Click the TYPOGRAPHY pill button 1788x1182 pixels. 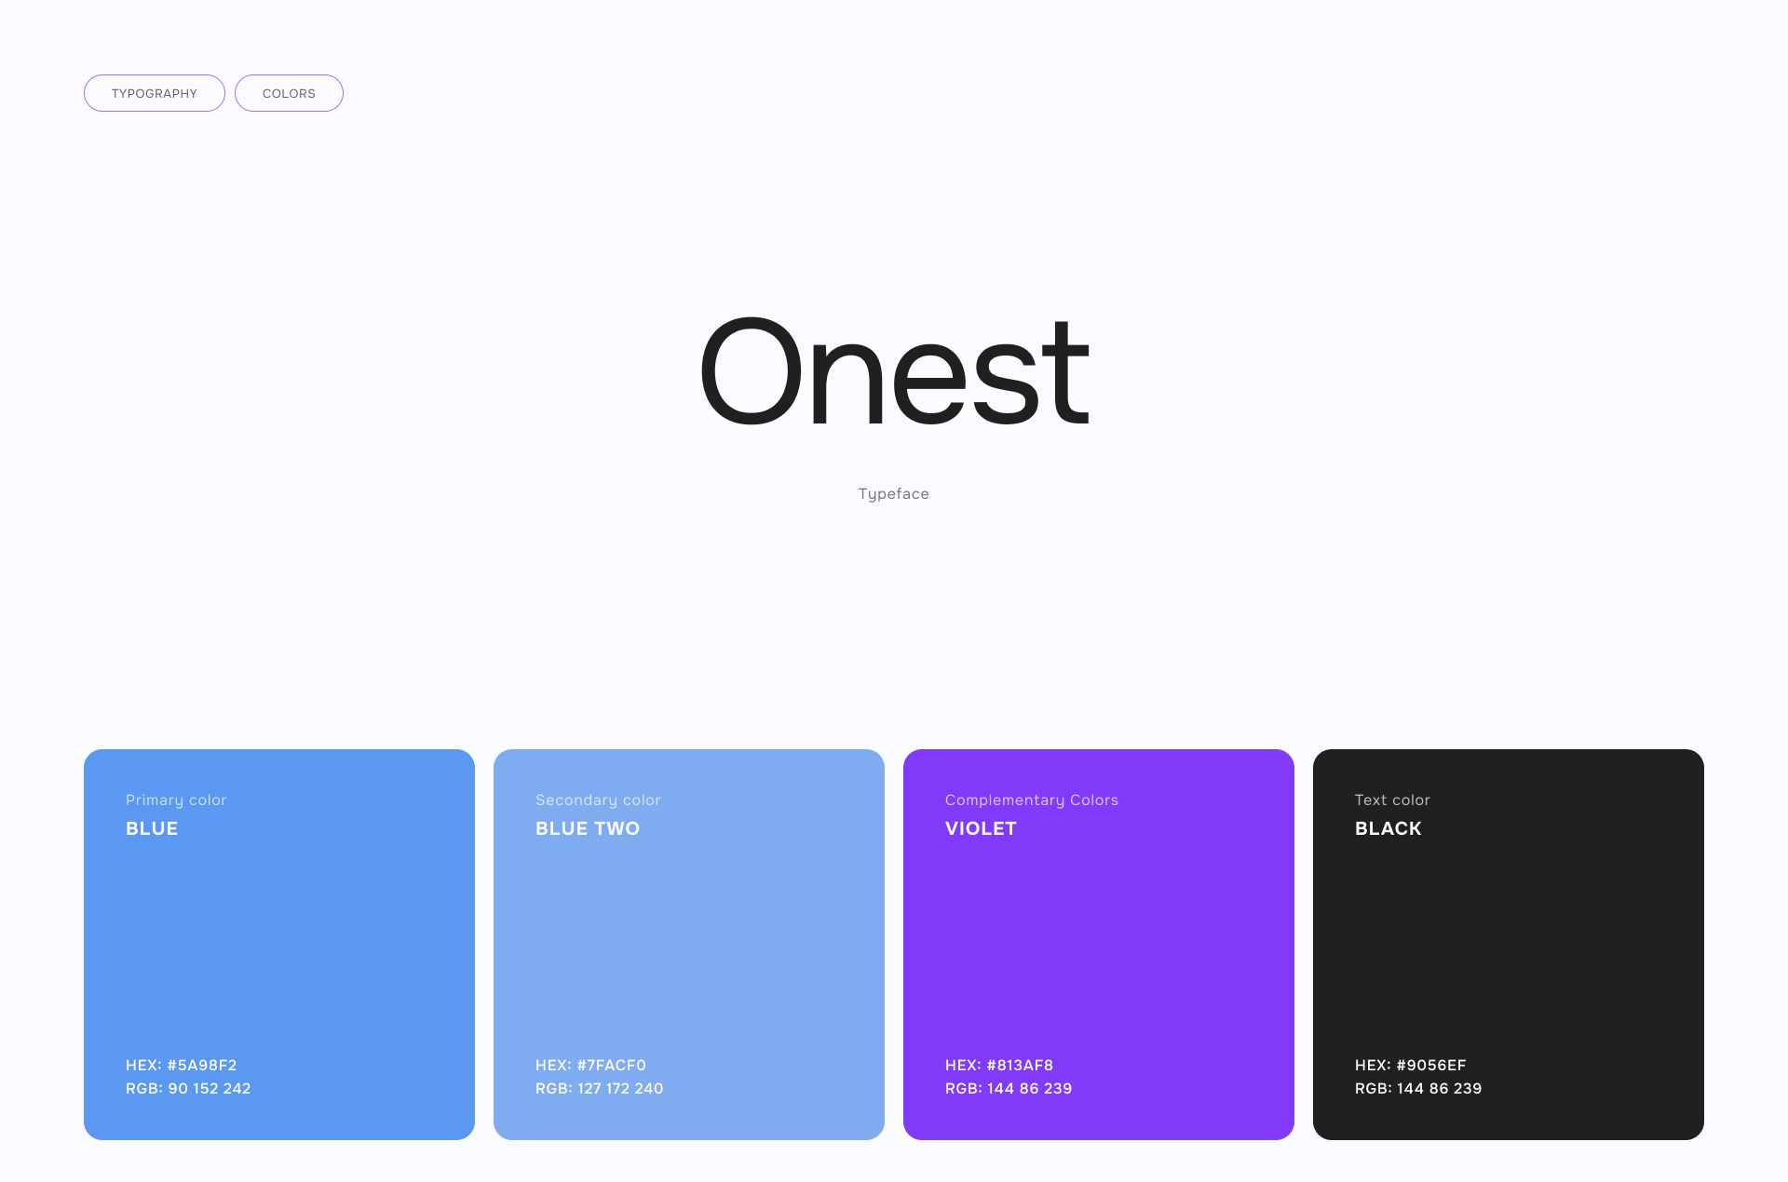pos(155,93)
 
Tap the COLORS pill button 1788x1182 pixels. pos(289,93)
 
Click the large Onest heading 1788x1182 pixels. pos(894,372)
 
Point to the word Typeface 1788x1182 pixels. pos(894,494)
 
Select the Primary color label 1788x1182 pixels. pos(176,800)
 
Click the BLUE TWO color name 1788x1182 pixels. pos(588,828)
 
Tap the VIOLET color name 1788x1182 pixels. pos(981,828)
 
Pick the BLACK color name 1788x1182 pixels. pos(1388,828)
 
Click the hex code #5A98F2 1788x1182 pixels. pos(202,1065)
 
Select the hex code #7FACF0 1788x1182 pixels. pos(611,1065)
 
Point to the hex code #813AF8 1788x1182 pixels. pos(1020,1065)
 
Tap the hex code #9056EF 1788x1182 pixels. pos(1431,1065)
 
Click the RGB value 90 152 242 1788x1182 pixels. pos(210,1088)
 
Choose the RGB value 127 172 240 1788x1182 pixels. pos(620,1088)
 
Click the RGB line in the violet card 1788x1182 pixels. pos(1009,1088)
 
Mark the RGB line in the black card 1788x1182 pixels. pos(1418,1088)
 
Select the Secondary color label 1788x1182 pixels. pos(598,800)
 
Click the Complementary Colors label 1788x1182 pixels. pos(1032,800)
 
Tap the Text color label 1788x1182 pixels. pos(1392,800)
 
